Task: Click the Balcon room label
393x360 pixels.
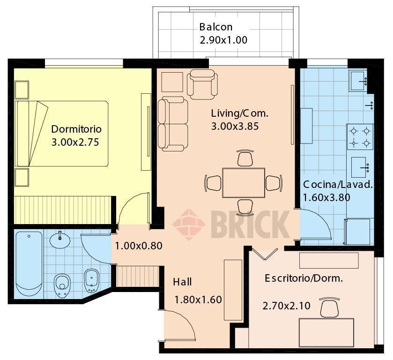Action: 215,27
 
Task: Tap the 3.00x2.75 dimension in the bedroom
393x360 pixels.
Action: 75,142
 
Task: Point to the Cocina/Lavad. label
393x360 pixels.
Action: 338,184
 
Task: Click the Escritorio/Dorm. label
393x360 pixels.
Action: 304,278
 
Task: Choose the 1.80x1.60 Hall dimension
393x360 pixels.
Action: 198,300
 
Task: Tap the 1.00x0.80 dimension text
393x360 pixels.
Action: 139,246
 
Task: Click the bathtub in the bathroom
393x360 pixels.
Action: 29,263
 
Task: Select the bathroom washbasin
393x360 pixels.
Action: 59,239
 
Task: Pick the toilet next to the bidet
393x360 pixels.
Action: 62,283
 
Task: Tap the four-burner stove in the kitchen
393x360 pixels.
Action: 360,136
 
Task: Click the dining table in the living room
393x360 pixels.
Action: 244,182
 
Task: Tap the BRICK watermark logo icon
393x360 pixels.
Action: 189,224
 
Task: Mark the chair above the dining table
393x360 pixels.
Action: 245,158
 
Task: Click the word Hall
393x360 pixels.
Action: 182,282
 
